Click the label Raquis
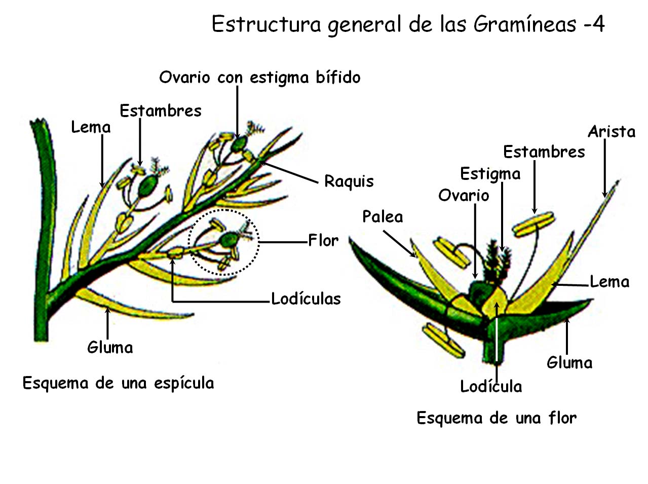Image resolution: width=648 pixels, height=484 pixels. (349, 181)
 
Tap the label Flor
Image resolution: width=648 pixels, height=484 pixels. (323, 240)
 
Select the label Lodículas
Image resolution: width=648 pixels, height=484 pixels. (306, 299)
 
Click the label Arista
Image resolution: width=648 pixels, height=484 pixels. (612, 132)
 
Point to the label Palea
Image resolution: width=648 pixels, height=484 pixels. (383, 217)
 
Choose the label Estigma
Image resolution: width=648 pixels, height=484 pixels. (490, 174)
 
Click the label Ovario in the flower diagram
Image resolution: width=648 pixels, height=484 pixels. (464, 195)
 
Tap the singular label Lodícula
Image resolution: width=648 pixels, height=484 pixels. (490, 387)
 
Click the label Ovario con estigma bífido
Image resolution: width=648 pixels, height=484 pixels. (260, 78)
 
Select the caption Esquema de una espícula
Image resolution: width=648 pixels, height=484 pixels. (118, 383)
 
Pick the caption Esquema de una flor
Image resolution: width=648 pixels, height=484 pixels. (497, 418)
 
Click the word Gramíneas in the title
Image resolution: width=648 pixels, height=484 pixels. (525, 24)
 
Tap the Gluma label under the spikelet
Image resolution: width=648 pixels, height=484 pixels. (110, 348)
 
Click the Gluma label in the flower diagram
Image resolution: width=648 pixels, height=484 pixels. (569, 363)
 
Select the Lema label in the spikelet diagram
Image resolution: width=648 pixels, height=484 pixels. (91, 127)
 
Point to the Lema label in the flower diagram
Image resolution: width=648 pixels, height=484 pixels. (609, 282)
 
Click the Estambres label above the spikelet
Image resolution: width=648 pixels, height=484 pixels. (161, 111)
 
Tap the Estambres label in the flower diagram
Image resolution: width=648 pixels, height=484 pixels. (544, 152)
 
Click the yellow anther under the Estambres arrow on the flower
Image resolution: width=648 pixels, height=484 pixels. (533, 224)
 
